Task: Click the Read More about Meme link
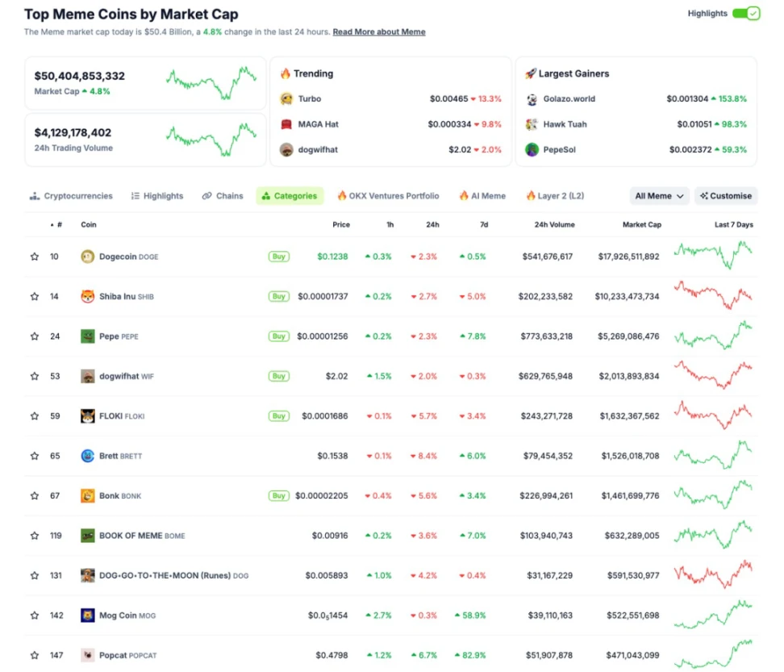[379, 32]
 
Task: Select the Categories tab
[290, 196]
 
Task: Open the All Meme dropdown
[659, 196]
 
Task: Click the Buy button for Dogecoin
[278, 257]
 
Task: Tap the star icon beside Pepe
[35, 336]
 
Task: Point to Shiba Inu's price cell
[323, 297]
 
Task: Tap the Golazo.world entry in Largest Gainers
[569, 99]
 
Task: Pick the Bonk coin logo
[88, 496]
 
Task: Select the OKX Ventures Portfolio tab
[388, 196]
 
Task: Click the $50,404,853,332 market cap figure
[80, 76]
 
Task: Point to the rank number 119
[56, 536]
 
